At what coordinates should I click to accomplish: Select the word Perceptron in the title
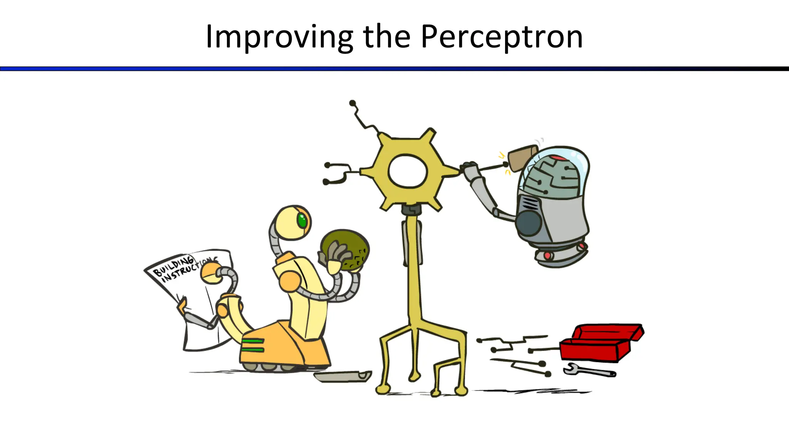click(x=502, y=37)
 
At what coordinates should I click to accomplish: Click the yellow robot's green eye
click(x=302, y=220)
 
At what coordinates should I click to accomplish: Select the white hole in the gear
click(x=408, y=171)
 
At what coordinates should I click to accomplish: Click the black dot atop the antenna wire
click(x=353, y=103)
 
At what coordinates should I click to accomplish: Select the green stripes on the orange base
click(x=253, y=345)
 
